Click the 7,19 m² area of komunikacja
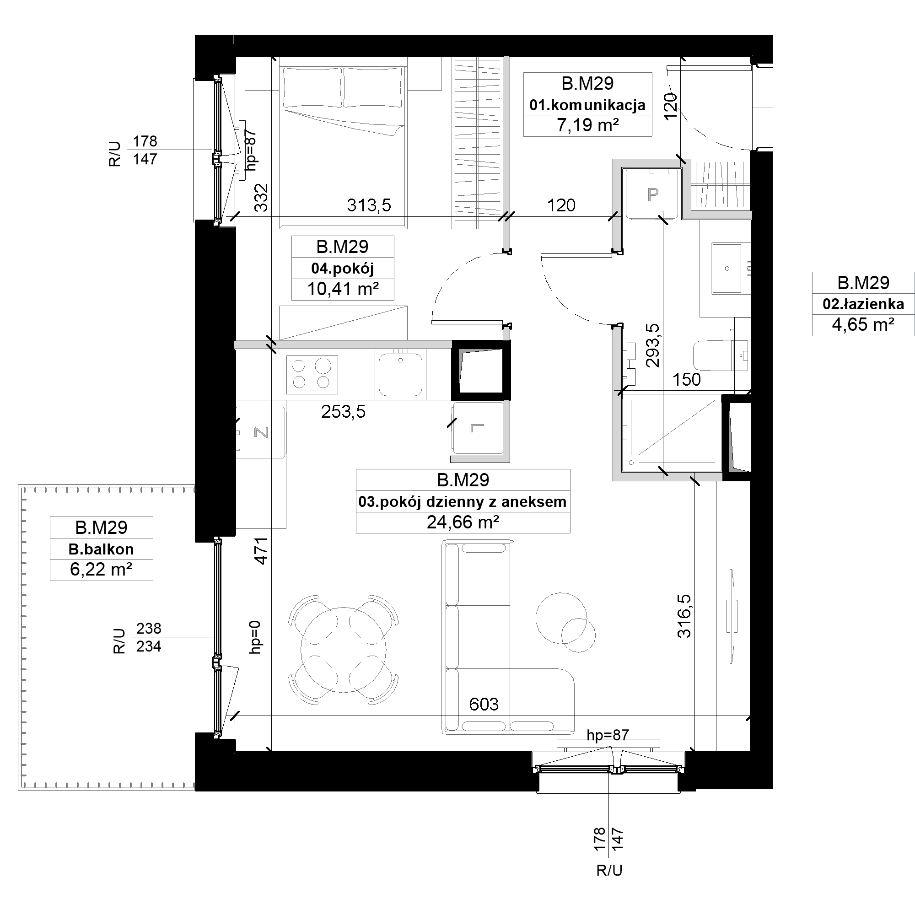click(587, 125)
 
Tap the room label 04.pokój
click(342, 269)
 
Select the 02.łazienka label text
click(863, 304)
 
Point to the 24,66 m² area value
click(463, 522)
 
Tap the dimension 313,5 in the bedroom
click(369, 205)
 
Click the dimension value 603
click(484, 704)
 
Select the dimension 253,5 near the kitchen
click(344, 412)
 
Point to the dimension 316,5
click(685, 616)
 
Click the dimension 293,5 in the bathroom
click(653, 345)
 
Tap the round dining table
click(344, 650)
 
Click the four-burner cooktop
click(312, 375)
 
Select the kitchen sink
click(401, 374)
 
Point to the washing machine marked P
click(653, 194)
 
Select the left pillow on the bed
click(313, 88)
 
